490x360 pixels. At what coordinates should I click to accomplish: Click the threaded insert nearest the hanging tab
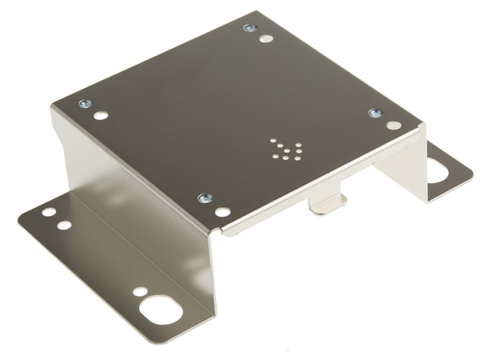(204, 198)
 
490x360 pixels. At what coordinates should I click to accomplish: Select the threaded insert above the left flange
(85, 104)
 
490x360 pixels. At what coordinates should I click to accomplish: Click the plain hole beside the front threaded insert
(222, 211)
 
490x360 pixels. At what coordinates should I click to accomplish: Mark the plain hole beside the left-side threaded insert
(101, 115)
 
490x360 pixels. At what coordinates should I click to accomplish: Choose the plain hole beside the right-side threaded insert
(393, 125)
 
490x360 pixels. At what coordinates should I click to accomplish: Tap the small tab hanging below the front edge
(328, 204)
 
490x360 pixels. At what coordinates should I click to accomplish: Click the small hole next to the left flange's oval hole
(140, 291)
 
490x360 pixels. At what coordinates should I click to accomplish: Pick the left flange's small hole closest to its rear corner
(48, 211)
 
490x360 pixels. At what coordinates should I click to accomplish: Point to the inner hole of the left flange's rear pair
(64, 226)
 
